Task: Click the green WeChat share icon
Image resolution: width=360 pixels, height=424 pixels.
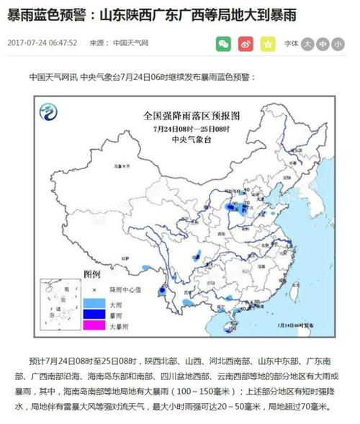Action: [224, 44]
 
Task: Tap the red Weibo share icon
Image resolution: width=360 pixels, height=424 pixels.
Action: [246, 44]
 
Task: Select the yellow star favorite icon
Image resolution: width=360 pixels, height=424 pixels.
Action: [268, 44]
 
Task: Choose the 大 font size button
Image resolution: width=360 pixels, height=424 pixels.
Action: [307, 44]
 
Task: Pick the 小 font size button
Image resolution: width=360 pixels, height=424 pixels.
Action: [338, 44]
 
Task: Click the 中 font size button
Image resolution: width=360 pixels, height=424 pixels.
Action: [323, 44]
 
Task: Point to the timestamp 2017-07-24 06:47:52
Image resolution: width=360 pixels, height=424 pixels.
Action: [42, 44]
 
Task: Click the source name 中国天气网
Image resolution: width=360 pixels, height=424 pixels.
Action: [130, 44]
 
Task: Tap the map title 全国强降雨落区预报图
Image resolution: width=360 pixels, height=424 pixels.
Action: [190, 116]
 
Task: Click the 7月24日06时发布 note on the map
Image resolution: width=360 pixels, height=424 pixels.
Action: [291, 325]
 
